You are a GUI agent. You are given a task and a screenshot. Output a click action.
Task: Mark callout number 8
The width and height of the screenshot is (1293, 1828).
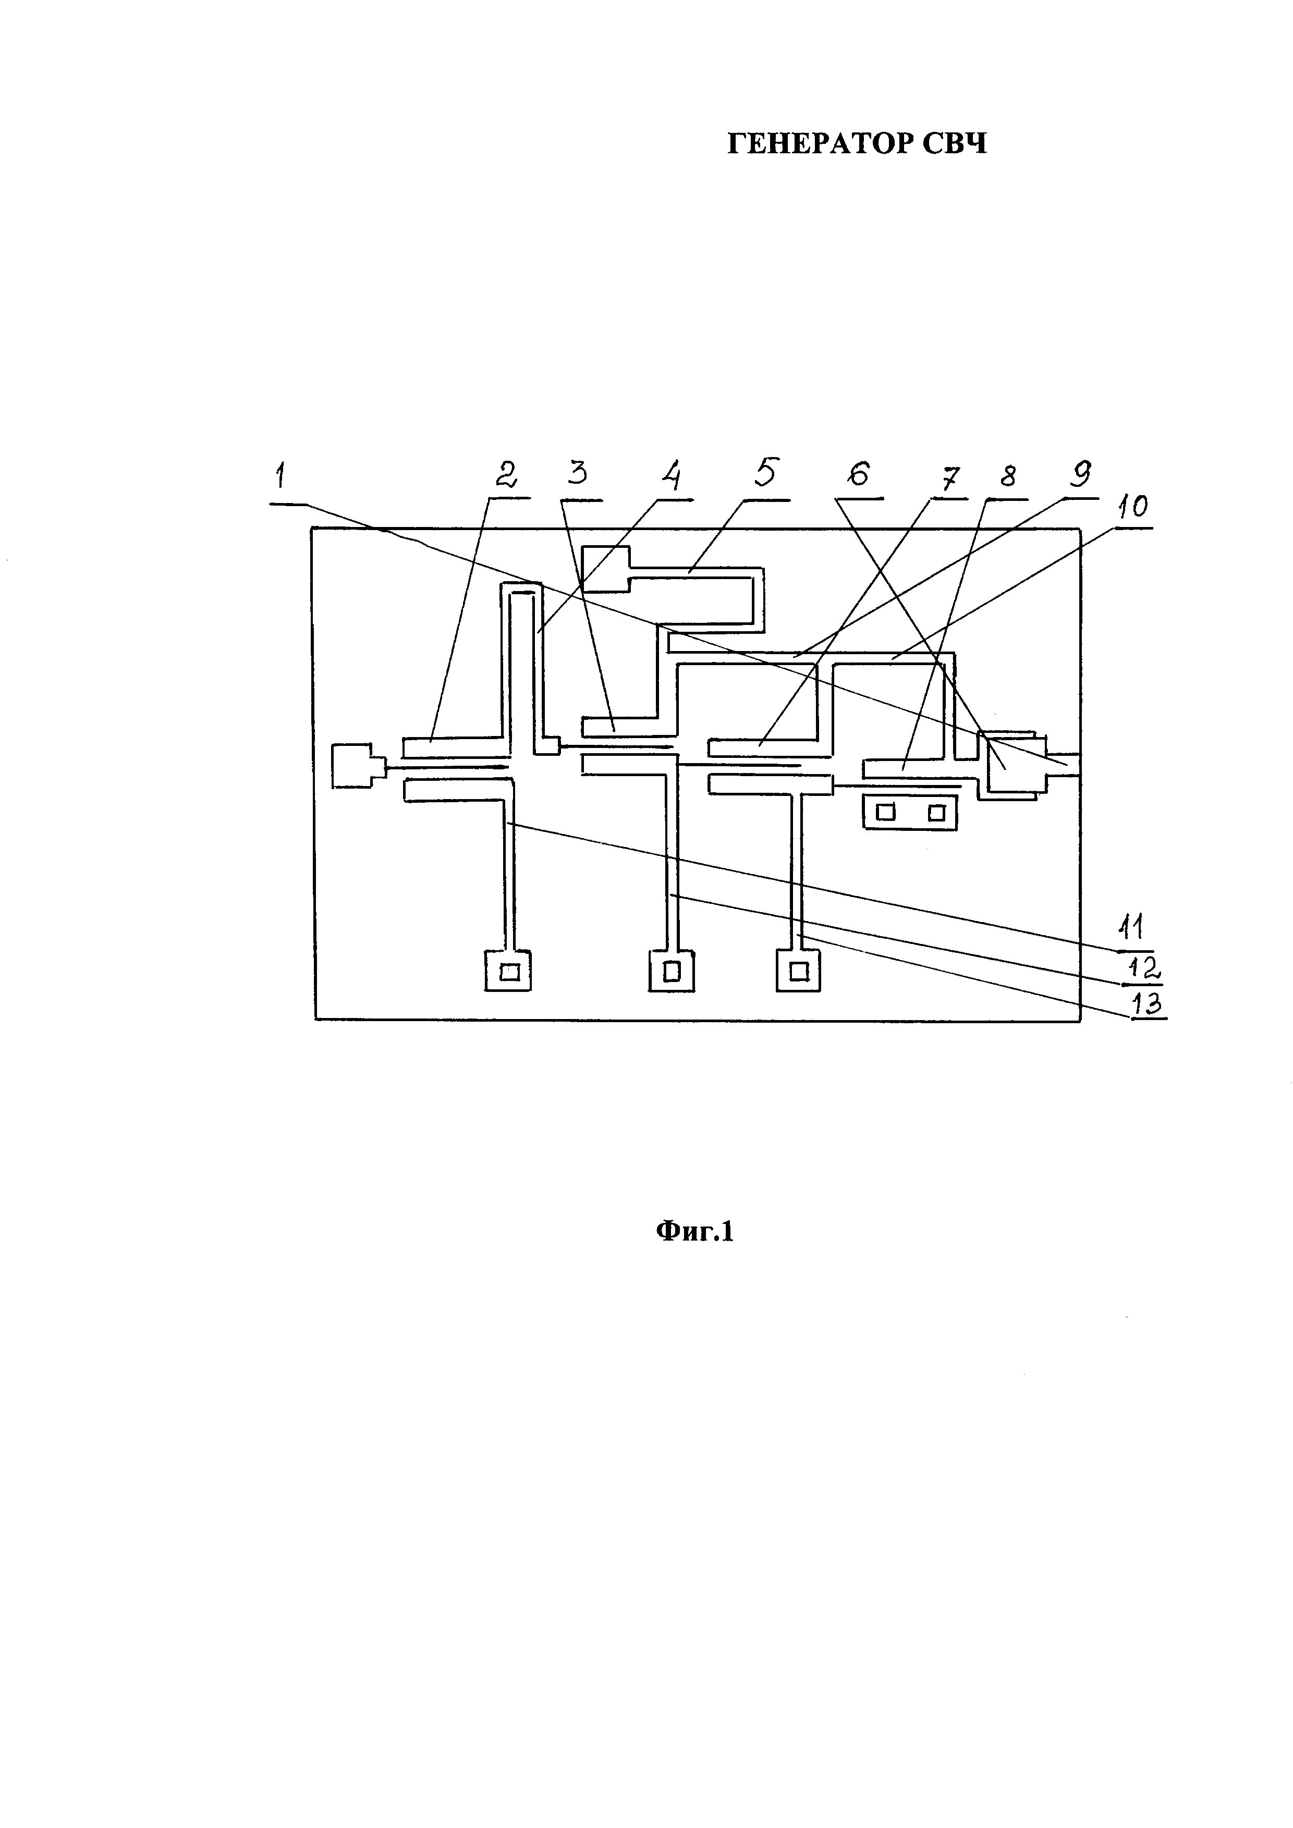pos(1007,477)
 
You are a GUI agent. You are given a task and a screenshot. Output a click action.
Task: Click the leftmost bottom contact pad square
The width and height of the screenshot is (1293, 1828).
pos(508,971)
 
